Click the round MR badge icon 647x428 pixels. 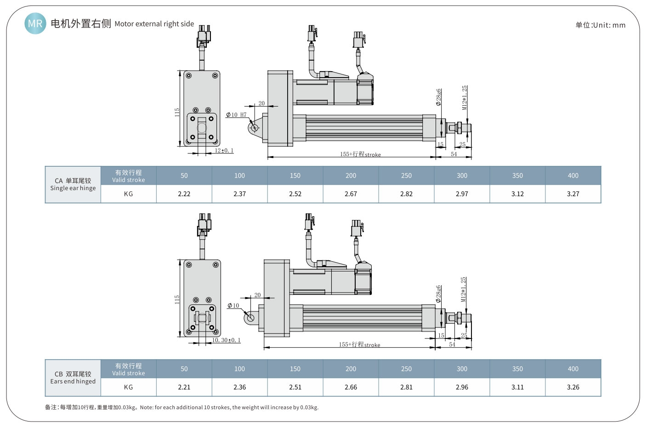click(35, 23)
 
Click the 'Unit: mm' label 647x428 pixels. click(600, 25)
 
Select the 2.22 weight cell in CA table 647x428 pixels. click(184, 194)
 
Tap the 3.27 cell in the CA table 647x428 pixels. click(573, 194)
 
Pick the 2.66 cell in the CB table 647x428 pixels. click(351, 387)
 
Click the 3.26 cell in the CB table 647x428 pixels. click(573, 387)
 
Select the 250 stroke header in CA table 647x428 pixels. click(406, 175)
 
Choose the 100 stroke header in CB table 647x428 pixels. click(239, 369)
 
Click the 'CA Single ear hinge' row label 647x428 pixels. click(73, 184)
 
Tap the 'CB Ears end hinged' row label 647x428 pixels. click(73, 377)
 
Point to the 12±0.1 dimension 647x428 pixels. click(224, 151)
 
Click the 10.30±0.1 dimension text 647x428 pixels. click(226, 340)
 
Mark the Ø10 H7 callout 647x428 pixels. click(236, 115)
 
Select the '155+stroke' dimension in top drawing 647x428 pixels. click(360, 154)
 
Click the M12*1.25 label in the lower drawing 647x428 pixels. click(464, 289)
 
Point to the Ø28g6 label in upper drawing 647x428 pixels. click(439, 97)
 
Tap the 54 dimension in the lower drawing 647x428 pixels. click(452, 344)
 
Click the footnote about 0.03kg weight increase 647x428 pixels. click(182, 407)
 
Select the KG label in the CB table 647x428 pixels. click(128, 387)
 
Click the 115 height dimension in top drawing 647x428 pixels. click(177, 113)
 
